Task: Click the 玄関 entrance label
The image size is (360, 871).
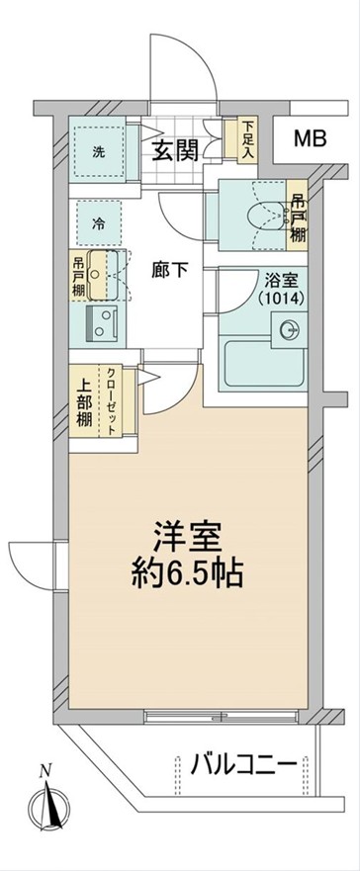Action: tap(176, 150)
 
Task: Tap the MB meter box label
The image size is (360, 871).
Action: tap(310, 138)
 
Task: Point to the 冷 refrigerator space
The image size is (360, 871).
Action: tap(98, 223)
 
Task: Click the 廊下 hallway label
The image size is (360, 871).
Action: tap(169, 271)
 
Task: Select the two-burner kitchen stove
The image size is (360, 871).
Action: tap(102, 322)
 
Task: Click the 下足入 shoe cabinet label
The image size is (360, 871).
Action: tap(247, 140)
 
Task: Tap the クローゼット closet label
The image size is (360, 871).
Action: tap(111, 401)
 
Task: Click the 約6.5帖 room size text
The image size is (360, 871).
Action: tap(187, 575)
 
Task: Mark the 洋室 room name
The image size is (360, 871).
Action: tap(187, 537)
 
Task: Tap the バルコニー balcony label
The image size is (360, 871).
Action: tap(243, 767)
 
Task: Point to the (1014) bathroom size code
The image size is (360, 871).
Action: tap(281, 299)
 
